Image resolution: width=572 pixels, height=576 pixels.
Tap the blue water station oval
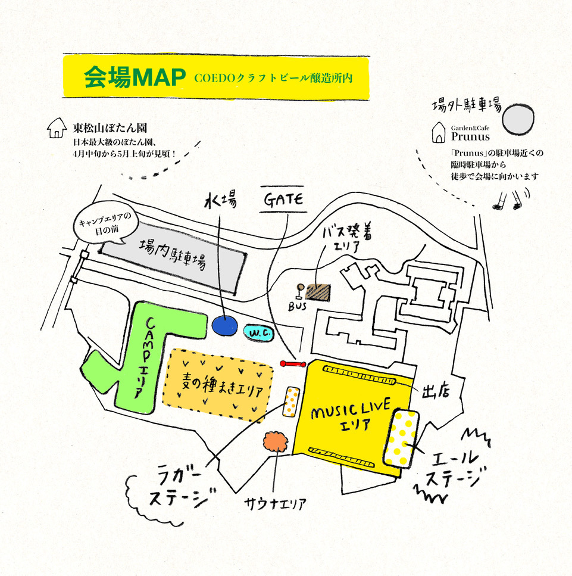tap(224, 326)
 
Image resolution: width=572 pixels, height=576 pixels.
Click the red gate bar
tap(292, 363)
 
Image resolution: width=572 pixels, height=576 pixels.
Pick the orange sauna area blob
tap(275, 442)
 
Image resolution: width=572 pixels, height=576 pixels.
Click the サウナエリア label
tap(276, 503)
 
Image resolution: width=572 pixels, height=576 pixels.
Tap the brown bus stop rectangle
tap(318, 292)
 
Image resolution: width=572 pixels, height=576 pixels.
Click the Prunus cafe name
tap(470, 136)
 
